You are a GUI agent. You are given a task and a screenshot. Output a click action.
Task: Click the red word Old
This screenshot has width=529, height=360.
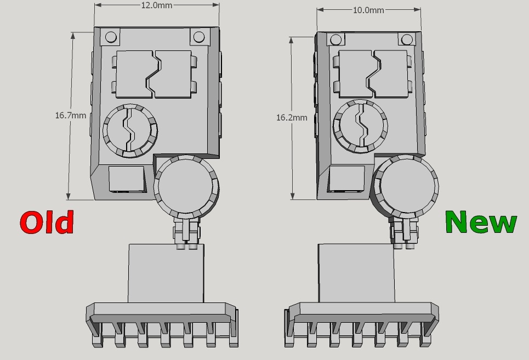tap(47, 222)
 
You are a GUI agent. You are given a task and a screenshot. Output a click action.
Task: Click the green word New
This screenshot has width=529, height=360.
tap(481, 221)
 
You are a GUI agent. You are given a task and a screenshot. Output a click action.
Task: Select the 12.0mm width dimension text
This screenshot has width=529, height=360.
tap(156, 5)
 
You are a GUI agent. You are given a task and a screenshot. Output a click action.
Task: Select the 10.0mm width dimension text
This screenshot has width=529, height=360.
tap(368, 10)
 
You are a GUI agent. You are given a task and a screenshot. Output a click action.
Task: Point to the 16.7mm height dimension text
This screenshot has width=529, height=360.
tap(71, 115)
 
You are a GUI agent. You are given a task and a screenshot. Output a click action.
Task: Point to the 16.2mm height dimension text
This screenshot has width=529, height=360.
tap(292, 117)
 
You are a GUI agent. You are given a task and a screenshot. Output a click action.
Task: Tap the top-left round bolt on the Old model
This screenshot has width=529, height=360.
tap(111, 37)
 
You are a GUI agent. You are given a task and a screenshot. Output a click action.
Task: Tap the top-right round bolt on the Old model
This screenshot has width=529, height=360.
tap(198, 37)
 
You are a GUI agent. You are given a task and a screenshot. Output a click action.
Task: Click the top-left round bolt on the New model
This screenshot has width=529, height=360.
tap(335, 40)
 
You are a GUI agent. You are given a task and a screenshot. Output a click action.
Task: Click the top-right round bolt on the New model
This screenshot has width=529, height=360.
tap(407, 39)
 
